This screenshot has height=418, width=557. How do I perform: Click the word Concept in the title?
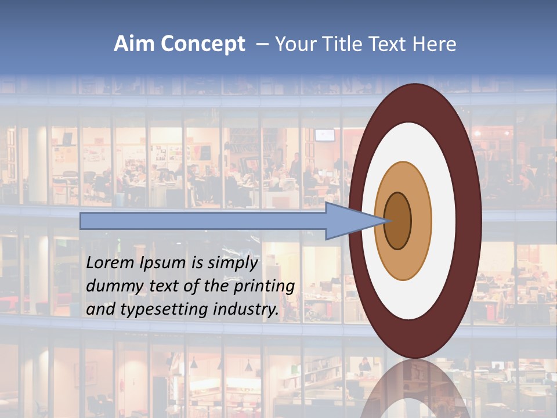tap(202, 44)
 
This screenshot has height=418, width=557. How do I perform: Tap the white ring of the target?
tap(443, 221)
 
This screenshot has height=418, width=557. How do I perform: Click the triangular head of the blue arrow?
tap(348, 221)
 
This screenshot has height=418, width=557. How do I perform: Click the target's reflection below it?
tap(415, 389)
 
